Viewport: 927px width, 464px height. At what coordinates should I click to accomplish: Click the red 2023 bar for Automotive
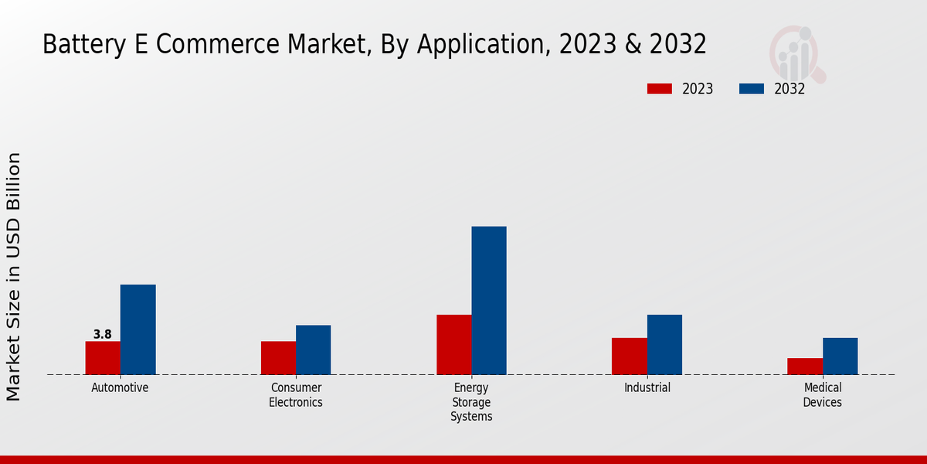pos(103,357)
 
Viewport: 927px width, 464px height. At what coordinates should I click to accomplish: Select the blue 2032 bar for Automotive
pos(138,329)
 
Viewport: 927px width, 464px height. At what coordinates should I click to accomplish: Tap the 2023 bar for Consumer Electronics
pos(278,357)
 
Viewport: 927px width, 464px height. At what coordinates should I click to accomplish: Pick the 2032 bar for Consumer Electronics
pos(313,350)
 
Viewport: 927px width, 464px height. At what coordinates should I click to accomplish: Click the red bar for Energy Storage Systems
pos(453,344)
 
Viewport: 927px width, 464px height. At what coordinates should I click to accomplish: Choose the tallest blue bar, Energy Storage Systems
pos(489,300)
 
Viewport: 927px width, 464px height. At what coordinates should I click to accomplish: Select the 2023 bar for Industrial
pos(629,356)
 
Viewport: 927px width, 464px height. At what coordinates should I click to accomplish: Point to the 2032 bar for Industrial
pos(664,344)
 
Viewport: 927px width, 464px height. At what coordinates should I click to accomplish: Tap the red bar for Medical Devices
pos(804,366)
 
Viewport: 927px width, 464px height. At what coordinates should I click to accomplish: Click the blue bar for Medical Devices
pos(840,356)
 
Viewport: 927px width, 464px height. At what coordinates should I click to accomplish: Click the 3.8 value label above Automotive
pos(102,335)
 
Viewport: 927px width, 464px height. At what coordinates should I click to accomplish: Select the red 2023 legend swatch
pos(659,89)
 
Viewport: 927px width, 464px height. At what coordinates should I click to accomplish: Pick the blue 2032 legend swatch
pos(751,89)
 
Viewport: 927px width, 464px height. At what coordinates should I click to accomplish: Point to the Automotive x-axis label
pos(120,387)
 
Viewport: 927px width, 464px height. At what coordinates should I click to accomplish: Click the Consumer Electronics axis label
pos(295,394)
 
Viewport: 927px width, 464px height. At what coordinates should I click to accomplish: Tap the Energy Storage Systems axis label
pos(471,401)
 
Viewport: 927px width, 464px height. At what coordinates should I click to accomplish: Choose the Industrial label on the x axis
pos(647,387)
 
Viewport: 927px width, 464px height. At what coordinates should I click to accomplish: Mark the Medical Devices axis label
pos(822,394)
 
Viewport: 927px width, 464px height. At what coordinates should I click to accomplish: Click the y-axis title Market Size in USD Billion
pos(14,276)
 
